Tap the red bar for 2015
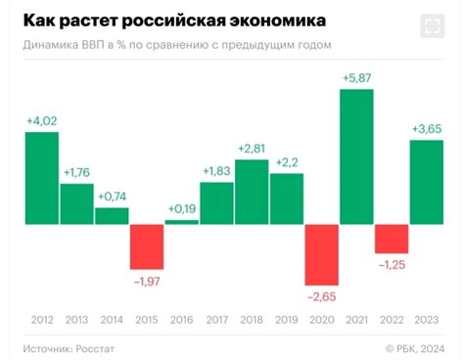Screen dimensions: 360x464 pos(147,246)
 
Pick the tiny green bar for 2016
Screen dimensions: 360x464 pos(182,222)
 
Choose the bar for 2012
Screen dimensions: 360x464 pos(41,177)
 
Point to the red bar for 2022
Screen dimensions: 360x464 pos(392,238)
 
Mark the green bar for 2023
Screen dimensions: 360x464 pos(427,182)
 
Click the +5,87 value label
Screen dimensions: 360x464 pos(356,79)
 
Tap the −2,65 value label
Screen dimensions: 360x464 pos(321,296)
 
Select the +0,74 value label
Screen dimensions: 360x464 pos(112,196)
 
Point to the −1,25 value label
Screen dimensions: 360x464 pos(392,264)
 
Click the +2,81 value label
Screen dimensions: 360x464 pos(252,149)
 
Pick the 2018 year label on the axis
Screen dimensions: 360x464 pos(252,318)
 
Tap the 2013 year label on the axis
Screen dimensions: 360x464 pos(76,318)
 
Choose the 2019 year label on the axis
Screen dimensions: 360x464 pos(287,318)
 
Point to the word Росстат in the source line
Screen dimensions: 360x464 pos(98,346)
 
